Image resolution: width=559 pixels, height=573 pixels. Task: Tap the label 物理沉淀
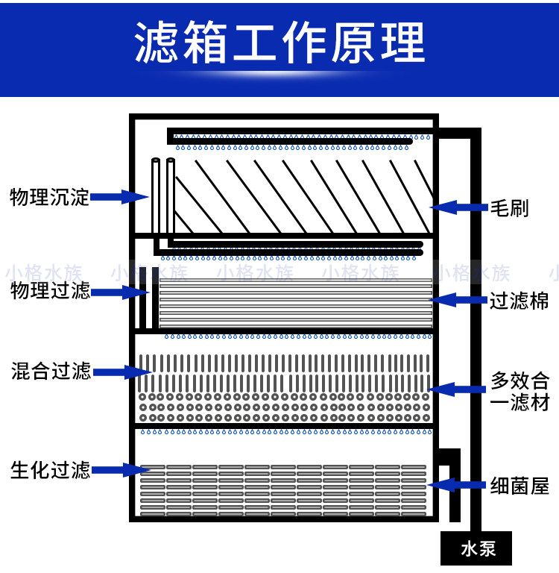click(x=49, y=197)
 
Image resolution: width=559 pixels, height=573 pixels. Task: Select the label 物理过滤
click(x=49, y=291)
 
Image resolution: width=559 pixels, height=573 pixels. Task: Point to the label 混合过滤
click(x=49, y=371)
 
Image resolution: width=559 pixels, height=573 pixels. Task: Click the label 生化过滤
click(x=49, y=471)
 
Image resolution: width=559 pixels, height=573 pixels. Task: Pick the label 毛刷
click(x=510, y=207)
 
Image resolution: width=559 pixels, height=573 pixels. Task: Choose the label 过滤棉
click(x=519, y=301)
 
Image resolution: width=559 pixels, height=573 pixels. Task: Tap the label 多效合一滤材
click(x=520, y=391)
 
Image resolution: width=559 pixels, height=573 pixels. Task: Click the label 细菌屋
click(x=519, y=486)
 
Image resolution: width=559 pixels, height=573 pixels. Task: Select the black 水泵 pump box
click(x=478, y=550)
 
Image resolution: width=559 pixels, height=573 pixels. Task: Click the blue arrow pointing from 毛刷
click(x=458, y=207)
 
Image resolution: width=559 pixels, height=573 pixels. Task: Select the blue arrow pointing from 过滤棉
click(x=458, y=301)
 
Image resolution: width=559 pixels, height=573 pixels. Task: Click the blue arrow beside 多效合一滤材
click(x=458, y=389)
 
